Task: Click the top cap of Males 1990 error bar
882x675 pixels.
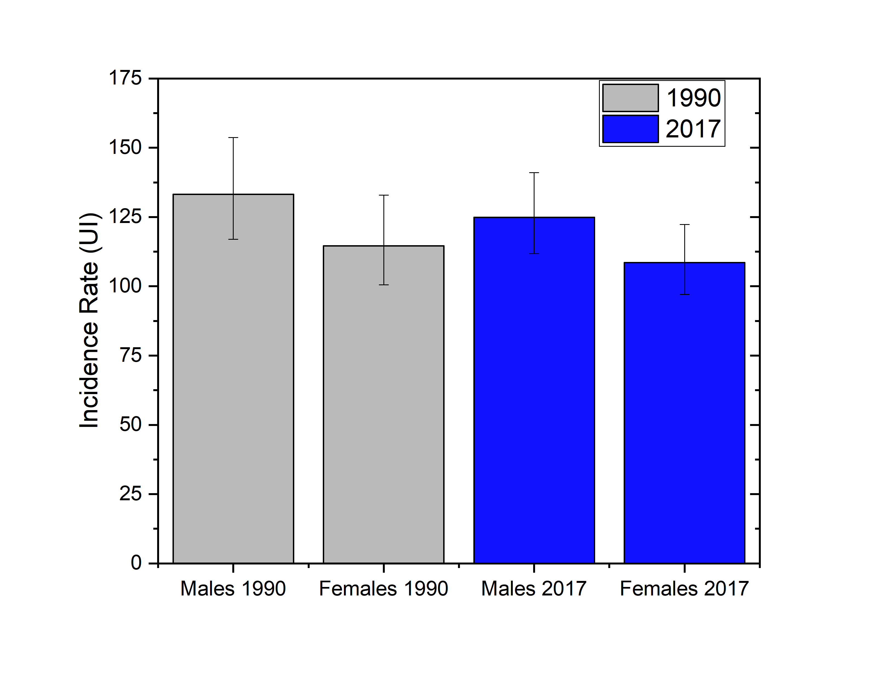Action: point(233,138)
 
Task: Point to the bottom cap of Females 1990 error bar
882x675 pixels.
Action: point(384,285)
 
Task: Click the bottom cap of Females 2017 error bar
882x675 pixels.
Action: point(684,295)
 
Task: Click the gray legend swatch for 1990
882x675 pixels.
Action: point(630,98)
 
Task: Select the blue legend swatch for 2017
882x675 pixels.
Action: point(630,129)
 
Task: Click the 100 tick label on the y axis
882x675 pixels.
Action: point(125,286)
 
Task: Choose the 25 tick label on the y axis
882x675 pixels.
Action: point(131,494)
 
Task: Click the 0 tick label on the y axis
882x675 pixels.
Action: point(136,563)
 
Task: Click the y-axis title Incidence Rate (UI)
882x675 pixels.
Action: point(89,321)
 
